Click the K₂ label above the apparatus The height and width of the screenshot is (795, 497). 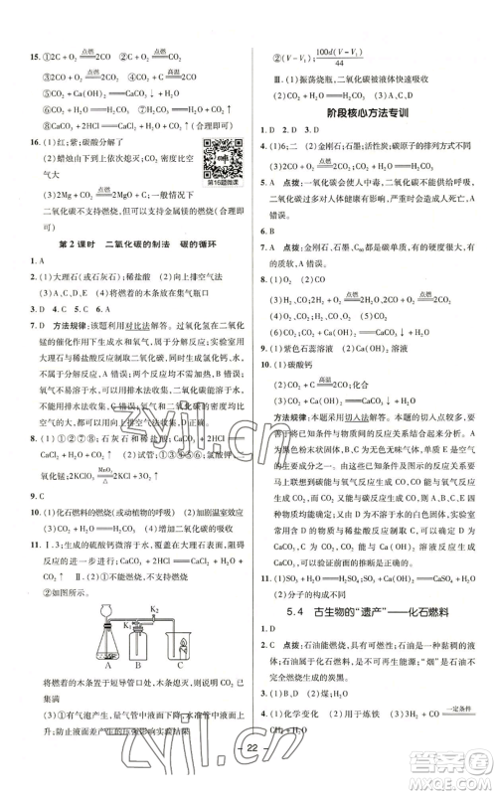coord(155,607)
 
